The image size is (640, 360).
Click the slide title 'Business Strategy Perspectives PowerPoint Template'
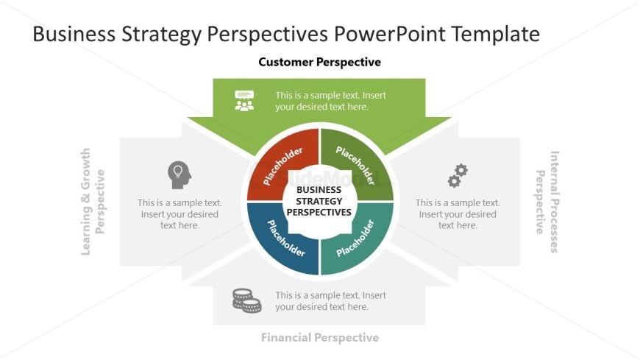click(286, 34)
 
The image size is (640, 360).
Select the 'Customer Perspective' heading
click(319, 63)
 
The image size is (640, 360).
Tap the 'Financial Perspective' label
click(319, 338)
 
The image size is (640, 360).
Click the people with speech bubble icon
click(244, 101)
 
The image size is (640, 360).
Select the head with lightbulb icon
click(179, 174)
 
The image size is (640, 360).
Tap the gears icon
click(458, 175)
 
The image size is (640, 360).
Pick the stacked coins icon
click(246, 300)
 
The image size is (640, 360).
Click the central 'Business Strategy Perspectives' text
click(319, 201)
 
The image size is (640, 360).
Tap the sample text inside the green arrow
click(330, 101)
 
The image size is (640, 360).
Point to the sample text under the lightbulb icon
click(179, 214)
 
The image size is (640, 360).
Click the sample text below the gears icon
click(458, 214)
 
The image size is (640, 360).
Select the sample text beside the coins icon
click(330, 301)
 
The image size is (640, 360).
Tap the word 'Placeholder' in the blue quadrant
click(285, 239)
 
